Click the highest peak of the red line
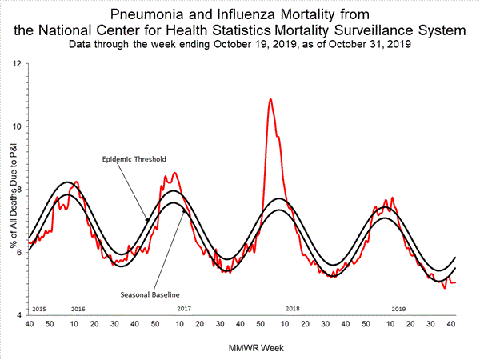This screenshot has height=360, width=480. coord(270,99)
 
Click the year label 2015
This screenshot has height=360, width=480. coord(38,308)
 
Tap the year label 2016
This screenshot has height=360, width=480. coord(78,308)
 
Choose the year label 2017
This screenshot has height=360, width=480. coord(184,308)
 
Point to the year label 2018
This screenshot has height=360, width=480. coord(292,308)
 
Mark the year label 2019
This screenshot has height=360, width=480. coord(398,308)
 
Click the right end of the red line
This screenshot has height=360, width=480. coord(455,282)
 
